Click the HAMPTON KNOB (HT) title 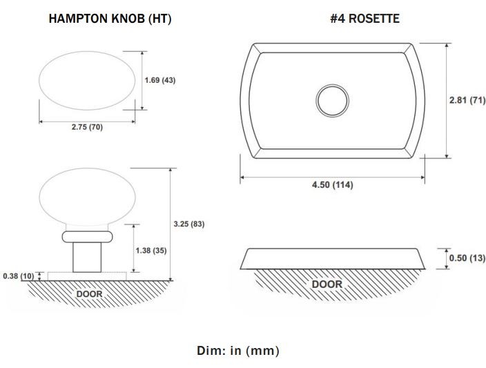coord(110,19)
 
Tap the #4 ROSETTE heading coord(364,19)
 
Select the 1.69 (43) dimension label coord(160,80)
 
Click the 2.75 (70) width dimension coord(87,127)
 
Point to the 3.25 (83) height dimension coord(189,224)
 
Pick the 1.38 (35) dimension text coord(151,251)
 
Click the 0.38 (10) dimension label coord(19,276)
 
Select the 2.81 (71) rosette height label coord(467,100)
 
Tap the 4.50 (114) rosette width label coord(333,185)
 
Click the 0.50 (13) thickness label coord(467,258)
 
